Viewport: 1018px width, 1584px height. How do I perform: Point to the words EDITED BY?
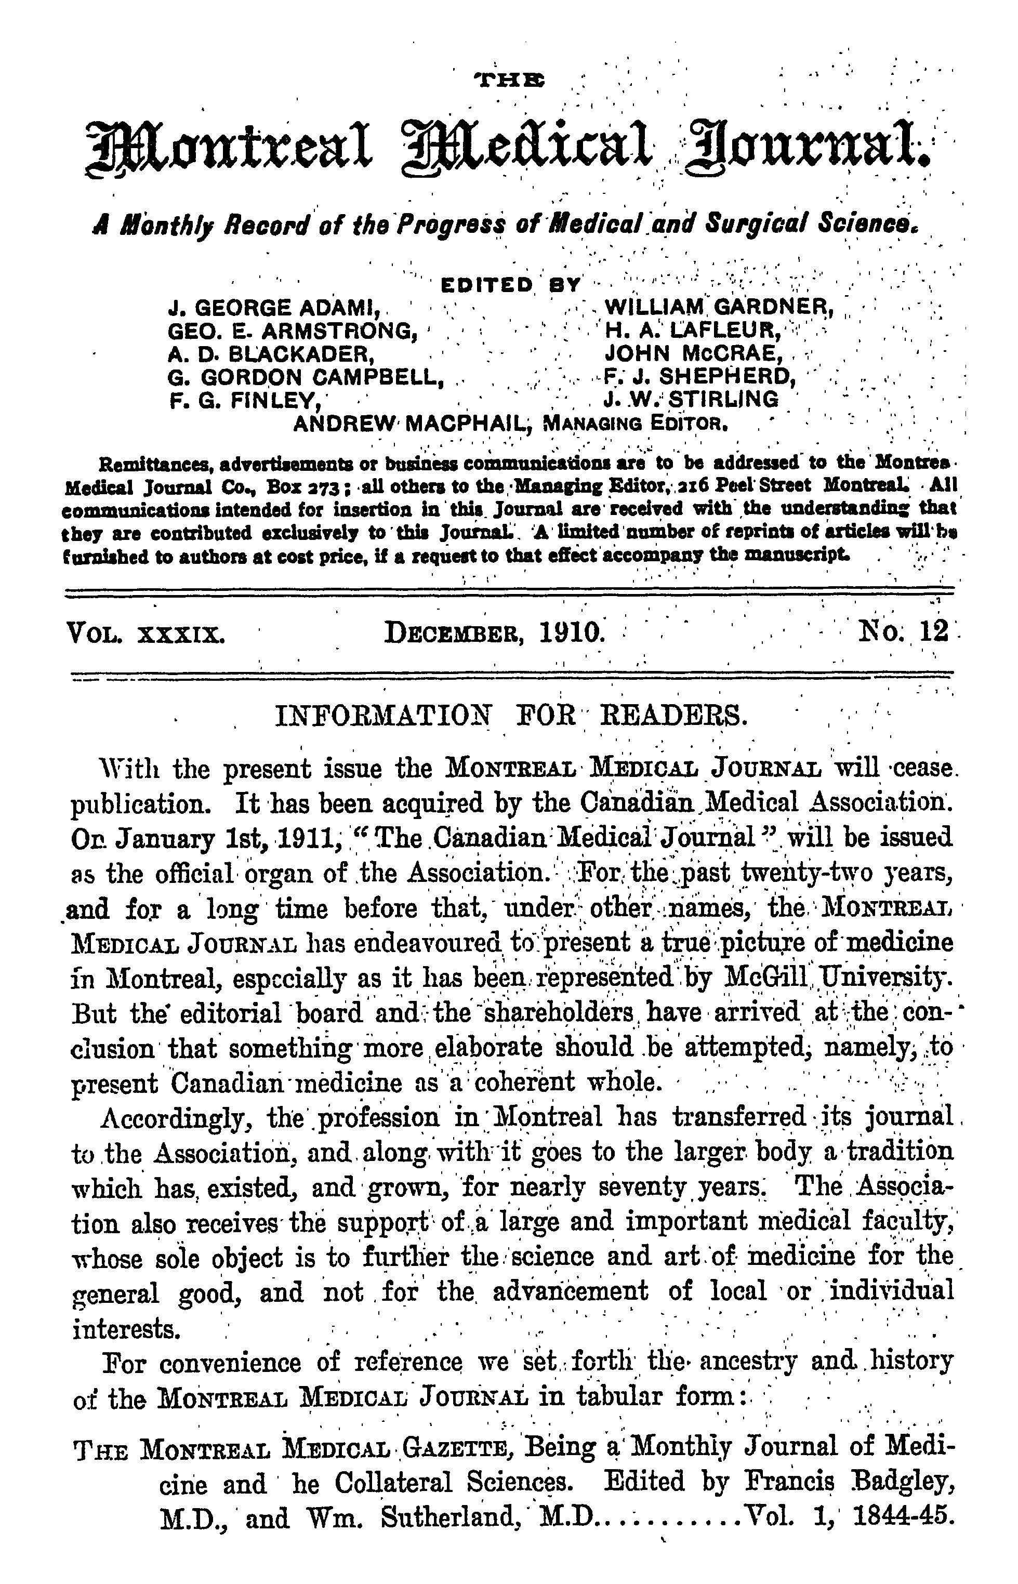tap(510, 286)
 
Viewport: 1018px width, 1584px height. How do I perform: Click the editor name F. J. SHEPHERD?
tap(699, 376)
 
